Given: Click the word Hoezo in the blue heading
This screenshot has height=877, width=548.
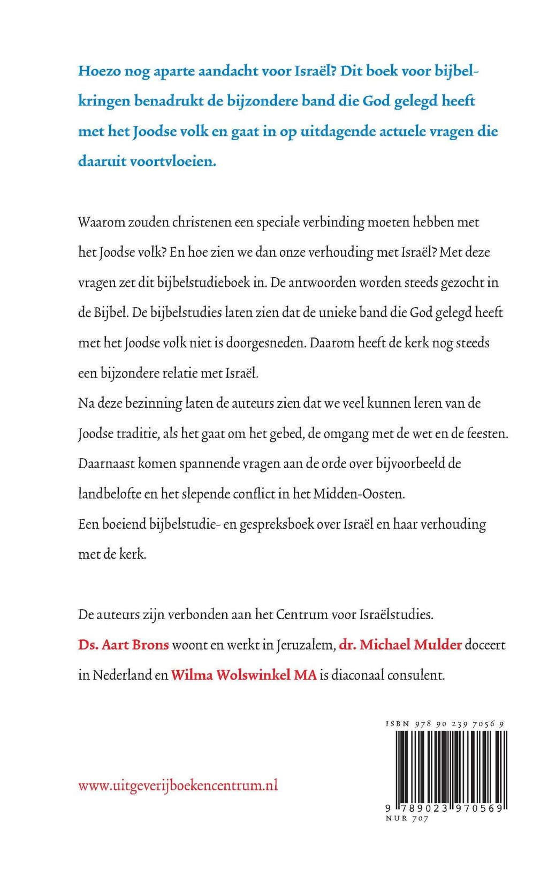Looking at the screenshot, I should click(x=100, y=71).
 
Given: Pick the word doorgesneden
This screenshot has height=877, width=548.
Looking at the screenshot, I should click(x=265, y=343).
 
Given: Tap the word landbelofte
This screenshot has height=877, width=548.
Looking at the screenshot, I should click(x=110, y=494).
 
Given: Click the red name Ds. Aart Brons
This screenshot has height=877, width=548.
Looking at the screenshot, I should click(x=124, y=645).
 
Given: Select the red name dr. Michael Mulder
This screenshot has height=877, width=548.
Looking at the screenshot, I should click(x=400, y=645).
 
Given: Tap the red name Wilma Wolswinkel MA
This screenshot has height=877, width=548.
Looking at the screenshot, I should click(x=243, y=675).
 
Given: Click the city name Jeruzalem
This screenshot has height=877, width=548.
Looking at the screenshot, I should click(x=306, y=645).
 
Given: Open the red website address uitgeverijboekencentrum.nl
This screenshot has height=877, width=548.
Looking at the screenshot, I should click(x=178, y=786).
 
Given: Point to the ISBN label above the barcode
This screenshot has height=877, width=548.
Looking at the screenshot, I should click(x=397, y=724).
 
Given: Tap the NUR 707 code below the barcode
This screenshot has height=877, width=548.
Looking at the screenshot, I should click(x=407, y=819).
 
